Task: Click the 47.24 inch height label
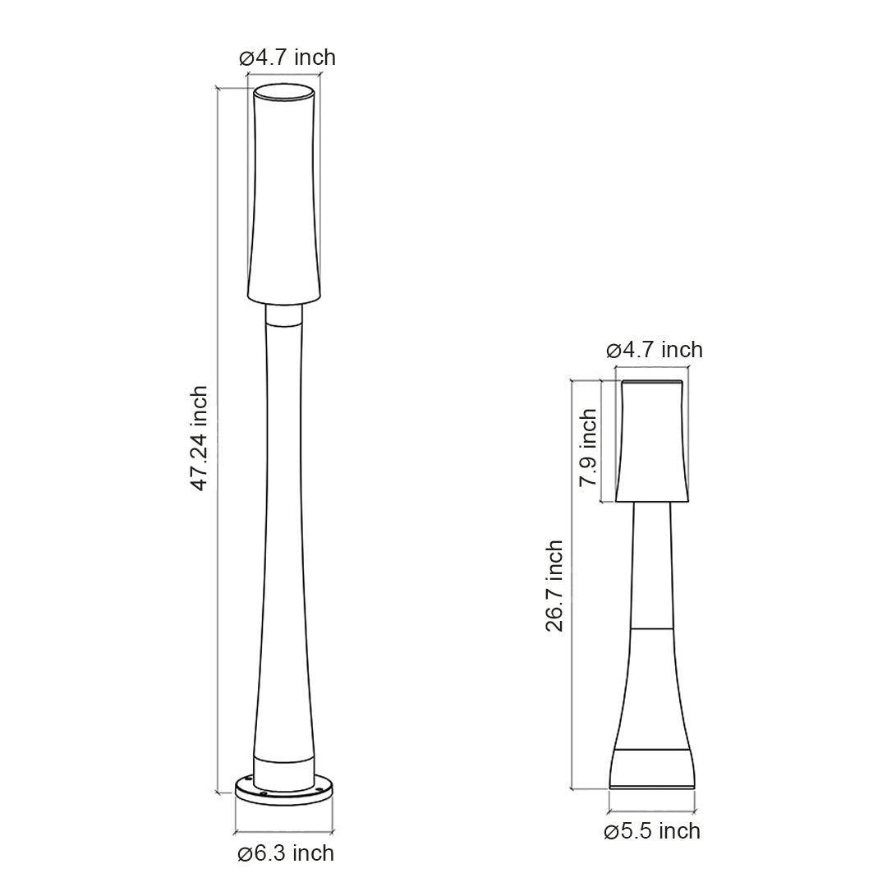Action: [x=199, y=439]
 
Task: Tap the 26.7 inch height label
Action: [x=555, y=585]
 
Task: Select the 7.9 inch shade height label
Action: [x=588, y=448]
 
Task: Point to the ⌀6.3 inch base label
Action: [x=286, y=853]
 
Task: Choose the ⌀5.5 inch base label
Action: [x=652, y=831]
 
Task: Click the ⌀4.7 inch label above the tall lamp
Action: [x=287, y=57]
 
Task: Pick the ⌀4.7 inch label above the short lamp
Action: [x=655, y=350]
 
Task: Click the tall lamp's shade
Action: [x=284, y=197]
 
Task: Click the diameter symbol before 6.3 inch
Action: [x=244, y=854]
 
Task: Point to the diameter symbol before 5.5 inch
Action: [x=610, y=832]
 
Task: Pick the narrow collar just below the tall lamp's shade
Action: [x=284, y=316]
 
